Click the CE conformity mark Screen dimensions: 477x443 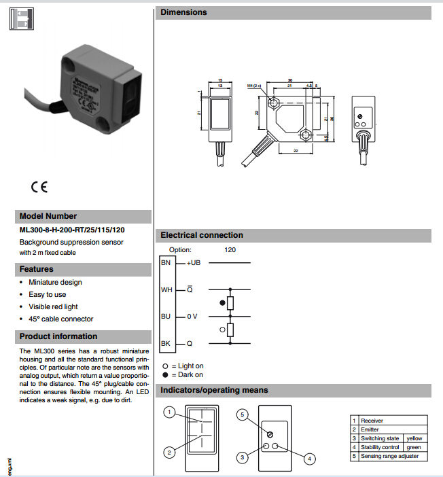pyautogui.click(x=39, y=186)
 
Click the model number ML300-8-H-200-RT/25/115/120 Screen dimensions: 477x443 pyautogui.click(x=72, y=230)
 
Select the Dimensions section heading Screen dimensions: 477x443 pyautogui.click(x=183, y=12)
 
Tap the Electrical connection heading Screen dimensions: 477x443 pyautogui.click(x=201, y=235)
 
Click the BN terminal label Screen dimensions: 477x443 pyautogui.click(x=166, y=262)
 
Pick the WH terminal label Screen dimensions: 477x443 pyautogui.click(x=166, y=289)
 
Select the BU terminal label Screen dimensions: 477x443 pyautogui.click(x=166, y=316)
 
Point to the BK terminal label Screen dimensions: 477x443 pyautogui.click(x=166, y=344)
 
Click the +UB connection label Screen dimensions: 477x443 pyautogui.click(x=194, y=262)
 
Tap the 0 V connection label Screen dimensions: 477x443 pyautogui.click(x=192, y=317)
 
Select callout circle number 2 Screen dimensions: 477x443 pyautogui.click(x=170, y=452)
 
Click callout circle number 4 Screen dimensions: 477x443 pyautogui.click(x=310, y=459)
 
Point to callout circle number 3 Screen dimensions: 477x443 pyautogui.click(x=241, y=458)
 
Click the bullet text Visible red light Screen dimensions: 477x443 pyautogui.click(x=53, y=306)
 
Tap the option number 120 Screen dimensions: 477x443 pyautogui.click(x=230, y=249)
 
